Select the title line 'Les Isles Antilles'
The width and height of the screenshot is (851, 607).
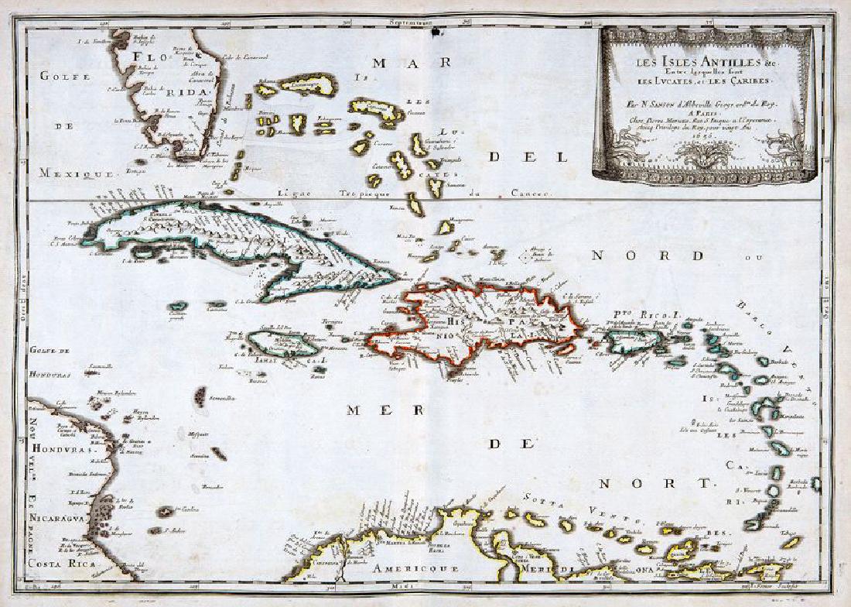[x=704, y=65]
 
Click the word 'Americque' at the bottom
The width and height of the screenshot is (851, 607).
[x=408, y=569]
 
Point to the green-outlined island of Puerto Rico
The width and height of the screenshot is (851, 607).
[x=634, y=341]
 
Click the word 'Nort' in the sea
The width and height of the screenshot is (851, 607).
[x=654, y=483]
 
